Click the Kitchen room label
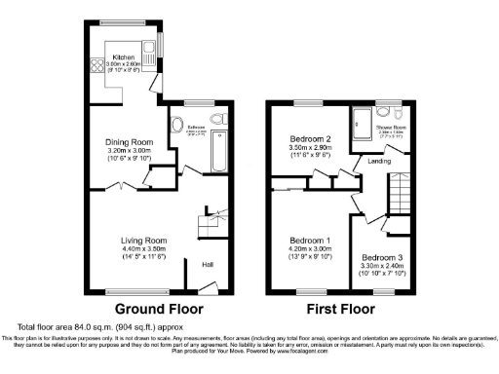[123, 57]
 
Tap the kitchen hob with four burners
[99, 67]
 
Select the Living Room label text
[143, 240]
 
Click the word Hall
[209, 263]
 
